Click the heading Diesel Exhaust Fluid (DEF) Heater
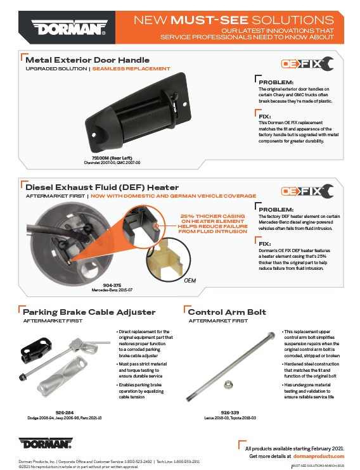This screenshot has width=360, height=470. tap(102, 187)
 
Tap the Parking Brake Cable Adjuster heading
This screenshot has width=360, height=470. tap(89, 312)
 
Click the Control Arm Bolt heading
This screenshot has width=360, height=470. tap(227, 312)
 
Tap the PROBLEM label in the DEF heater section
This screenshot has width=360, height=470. tap(276, 209)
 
